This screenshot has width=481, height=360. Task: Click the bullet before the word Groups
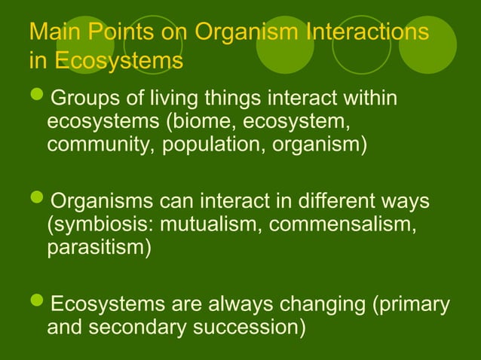point(37,101)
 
